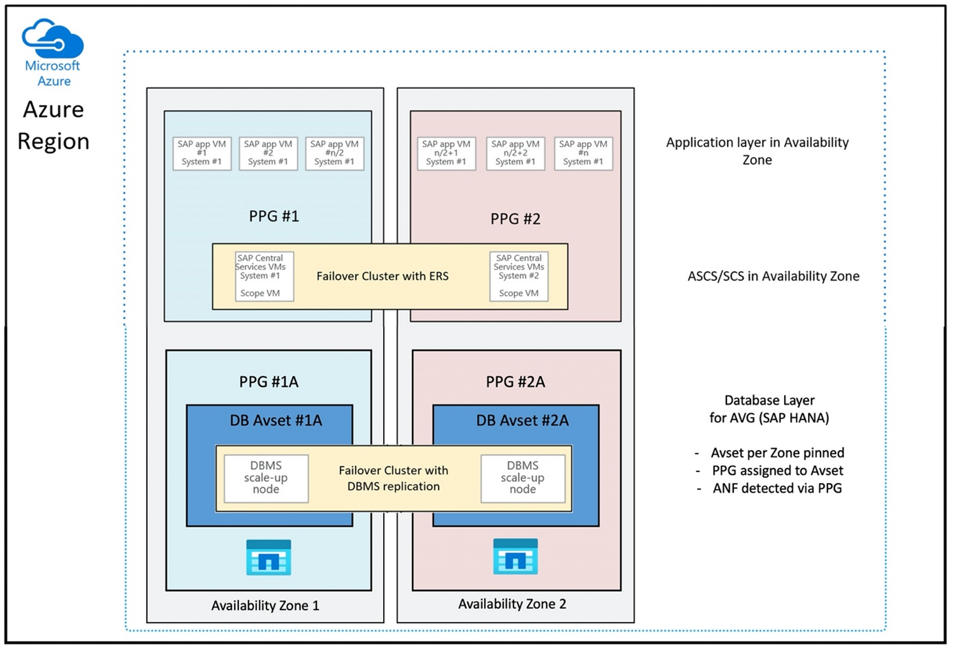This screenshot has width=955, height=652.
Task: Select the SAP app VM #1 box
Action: pos(202,153)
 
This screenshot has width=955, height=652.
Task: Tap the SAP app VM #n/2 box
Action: pos(335,153)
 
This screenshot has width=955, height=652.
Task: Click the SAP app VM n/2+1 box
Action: pos(446,153)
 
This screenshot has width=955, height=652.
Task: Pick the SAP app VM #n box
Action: pos(583,153)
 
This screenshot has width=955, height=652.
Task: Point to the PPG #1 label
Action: pos(274,216)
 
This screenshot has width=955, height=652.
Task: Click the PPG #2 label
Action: pos(515,219)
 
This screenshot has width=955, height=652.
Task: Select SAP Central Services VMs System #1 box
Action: pos(264,276)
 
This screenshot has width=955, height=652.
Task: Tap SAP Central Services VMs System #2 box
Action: pos(519,276)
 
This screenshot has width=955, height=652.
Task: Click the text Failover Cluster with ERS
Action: pos(382,276)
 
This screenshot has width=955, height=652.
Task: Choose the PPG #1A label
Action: pos(268,382)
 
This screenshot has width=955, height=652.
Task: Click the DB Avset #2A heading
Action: pos(522,421)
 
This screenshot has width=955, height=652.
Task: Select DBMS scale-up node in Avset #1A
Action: pos(266,478)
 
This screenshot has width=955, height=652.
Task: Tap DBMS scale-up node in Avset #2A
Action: pos(523,478)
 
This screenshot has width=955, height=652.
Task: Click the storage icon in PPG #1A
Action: pos(268,557)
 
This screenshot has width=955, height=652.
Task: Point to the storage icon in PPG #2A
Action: pos(515,557)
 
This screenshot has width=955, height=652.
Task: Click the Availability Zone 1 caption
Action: pos(265,606)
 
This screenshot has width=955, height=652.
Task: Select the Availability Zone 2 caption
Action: pos(512,604)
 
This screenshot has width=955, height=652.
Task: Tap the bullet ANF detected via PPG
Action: pos(777,489)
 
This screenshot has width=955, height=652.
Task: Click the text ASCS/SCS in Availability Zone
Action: pos(773,276)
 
